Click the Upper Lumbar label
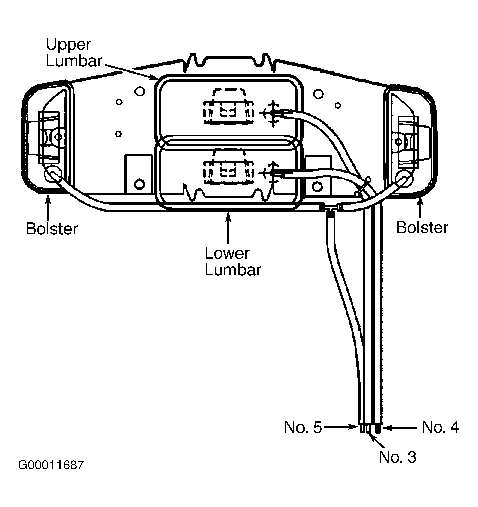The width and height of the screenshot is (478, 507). click(x=74, y=52)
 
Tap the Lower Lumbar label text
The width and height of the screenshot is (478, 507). click(x=232, y=261)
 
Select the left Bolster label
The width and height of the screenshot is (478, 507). click(x=52, y=228)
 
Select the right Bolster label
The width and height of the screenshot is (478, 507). click(x=423, y=227)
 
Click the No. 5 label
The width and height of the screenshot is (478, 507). click(x=303, y=427)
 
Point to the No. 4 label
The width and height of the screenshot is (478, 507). click(x=440, y=427)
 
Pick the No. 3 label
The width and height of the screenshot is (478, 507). click(x=398, y=457)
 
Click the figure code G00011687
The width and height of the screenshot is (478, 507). click(x=51, y=465)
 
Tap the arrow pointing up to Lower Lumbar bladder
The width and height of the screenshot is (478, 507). click(x=228, y=228)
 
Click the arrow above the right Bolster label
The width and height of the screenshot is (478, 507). click(x=420, y=208)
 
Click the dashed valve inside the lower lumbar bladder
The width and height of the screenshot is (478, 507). click(x=228, y=167)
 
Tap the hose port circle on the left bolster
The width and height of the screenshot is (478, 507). click(x=53, y=174)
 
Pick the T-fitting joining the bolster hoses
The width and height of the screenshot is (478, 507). click(x=330, y=209)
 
